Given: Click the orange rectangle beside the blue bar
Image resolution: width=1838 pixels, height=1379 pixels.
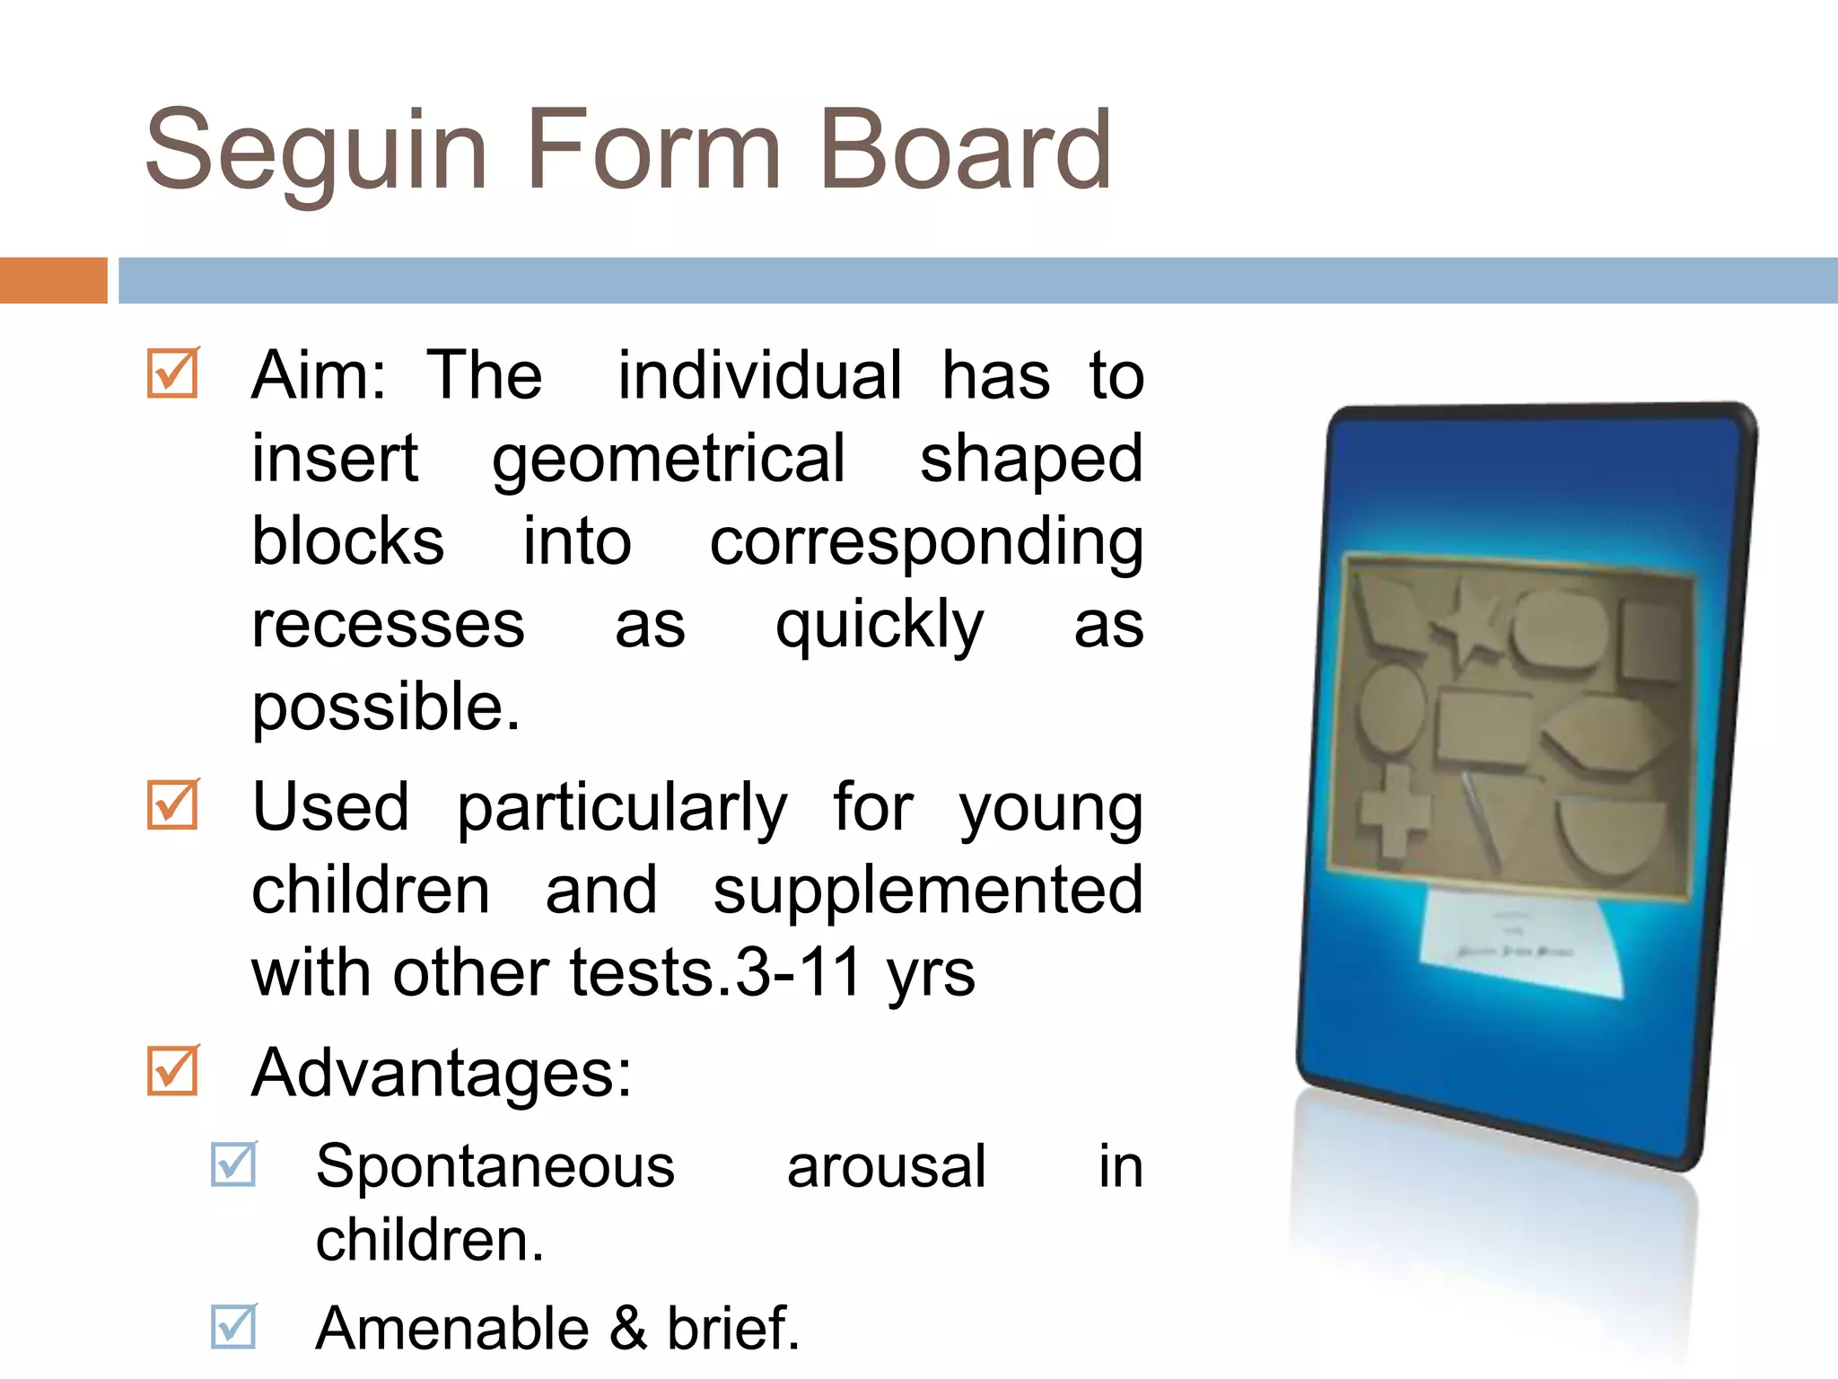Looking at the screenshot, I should point(53,280).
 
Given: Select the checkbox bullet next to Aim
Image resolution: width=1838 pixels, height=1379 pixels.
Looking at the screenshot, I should point(172,373).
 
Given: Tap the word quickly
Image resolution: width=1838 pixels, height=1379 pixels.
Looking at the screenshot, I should point(880,627).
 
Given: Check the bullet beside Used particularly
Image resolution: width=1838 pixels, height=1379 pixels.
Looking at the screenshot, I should point(172,804).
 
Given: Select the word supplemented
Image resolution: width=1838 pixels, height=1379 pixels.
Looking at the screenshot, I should point(928,891).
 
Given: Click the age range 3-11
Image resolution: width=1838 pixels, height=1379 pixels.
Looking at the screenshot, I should point(798,973).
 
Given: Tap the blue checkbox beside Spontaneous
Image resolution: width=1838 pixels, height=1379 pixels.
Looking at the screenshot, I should point(233,1164).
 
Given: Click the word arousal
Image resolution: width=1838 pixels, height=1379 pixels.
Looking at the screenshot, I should point(886,1167).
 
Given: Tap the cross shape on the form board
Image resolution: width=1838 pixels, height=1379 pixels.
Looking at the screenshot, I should point(1393,809).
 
